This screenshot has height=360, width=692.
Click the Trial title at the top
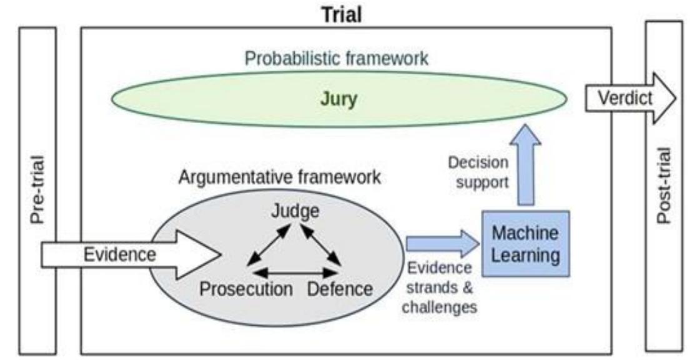(x=345, y=13)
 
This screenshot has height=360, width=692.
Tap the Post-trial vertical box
(x=664, y=188)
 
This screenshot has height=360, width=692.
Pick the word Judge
(x=295, y=211)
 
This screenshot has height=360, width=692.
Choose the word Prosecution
(x=246, y=289)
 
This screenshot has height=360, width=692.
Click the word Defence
(x=340, y=289)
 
